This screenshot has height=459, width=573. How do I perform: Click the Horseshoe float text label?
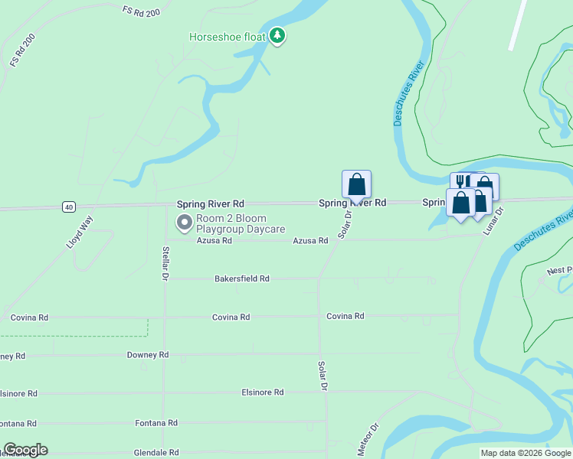coord(228,36)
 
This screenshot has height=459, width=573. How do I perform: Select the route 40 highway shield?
coord(69,207)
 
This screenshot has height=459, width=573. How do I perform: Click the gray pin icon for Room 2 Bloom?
coord(184,223)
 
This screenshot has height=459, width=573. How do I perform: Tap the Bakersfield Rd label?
coord(242,278)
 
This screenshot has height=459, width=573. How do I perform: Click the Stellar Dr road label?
coord(165,264)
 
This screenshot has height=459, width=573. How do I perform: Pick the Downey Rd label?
coord(147,355)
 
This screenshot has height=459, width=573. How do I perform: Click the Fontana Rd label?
coord(156,422)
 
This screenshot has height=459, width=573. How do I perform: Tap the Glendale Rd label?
coord(156,452)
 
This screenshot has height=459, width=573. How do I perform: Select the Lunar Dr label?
coord(493,221)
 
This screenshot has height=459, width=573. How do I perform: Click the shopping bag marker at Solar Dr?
coord(356,184)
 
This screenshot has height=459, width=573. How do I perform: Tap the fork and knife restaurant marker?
coord(460,181)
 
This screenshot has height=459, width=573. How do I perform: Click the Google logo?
coord(25,450)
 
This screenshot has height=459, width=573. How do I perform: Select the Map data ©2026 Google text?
coord(526,453)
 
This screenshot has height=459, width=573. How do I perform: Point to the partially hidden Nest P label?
coord(559,271)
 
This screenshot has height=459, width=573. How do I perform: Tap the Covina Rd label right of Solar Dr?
coord(345,315)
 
